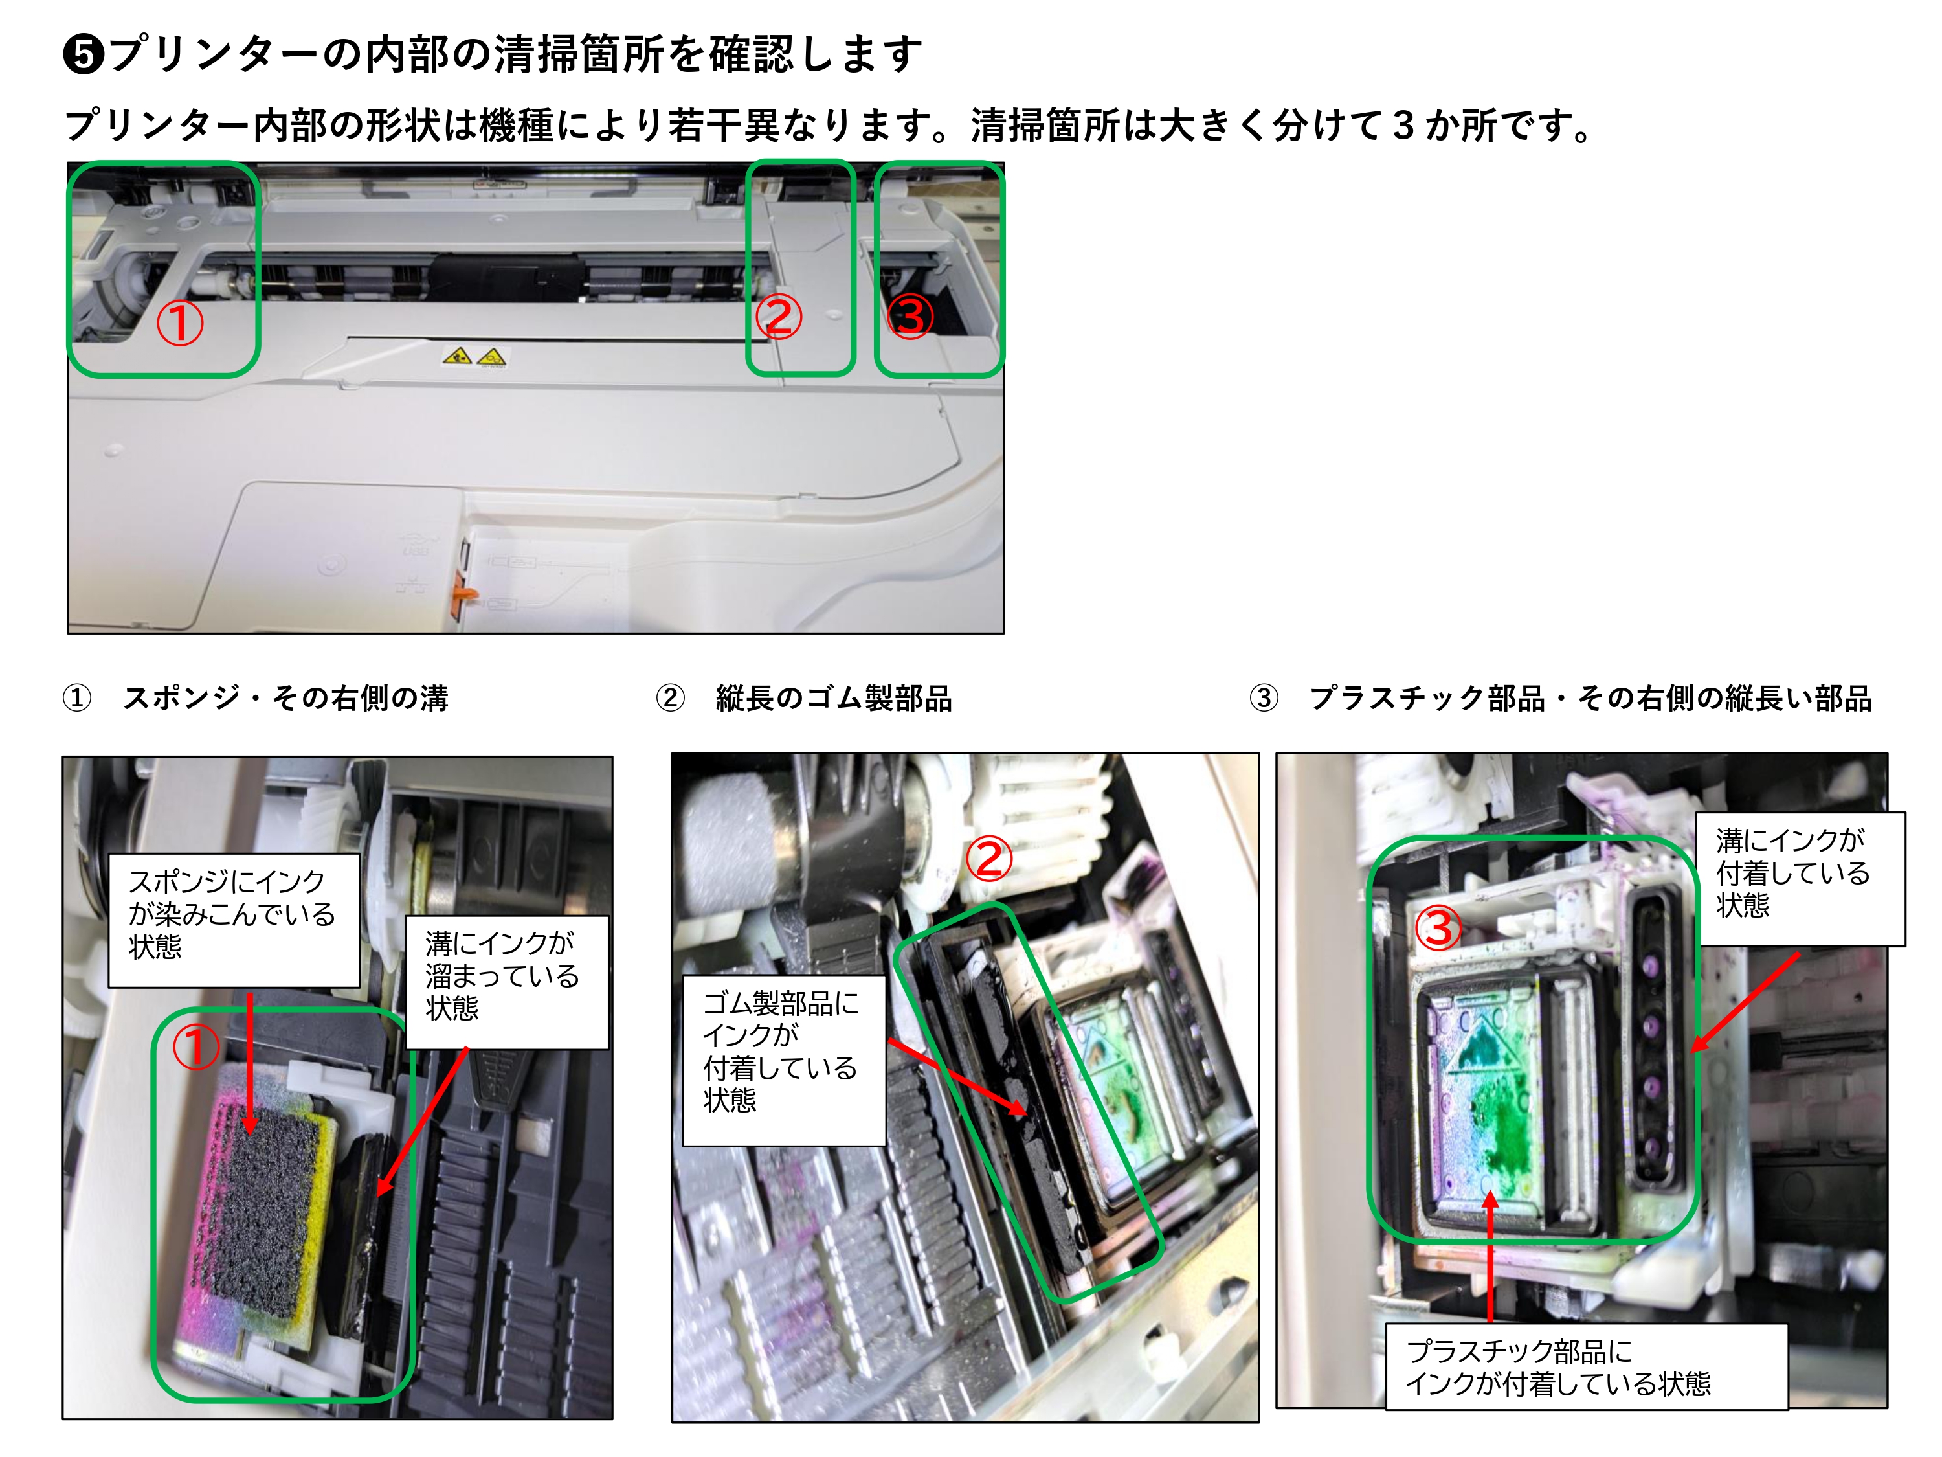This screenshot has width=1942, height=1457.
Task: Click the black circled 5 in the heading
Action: point(84,54)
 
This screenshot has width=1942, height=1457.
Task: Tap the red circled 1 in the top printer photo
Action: point(180,323)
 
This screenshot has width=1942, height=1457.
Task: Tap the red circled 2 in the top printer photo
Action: point(779,317)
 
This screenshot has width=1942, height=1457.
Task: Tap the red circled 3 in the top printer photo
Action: point(910,316)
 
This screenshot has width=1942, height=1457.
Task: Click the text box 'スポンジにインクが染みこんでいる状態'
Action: point(234,920)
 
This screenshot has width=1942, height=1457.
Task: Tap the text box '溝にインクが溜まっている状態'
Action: point(507,982)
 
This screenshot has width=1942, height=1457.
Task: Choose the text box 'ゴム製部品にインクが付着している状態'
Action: point(784,1060)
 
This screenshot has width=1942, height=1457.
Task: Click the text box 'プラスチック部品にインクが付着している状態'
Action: point(1587,1366)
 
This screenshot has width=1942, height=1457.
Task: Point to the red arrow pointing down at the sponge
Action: point(251,1063)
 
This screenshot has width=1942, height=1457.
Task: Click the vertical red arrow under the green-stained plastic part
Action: point(1490,1256)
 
